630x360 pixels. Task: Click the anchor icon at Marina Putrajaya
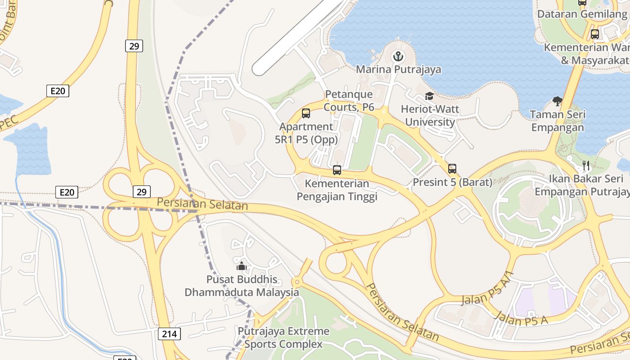tap(398, 57)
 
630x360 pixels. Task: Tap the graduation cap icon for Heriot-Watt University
tap(429, 96)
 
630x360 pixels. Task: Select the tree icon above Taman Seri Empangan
tap(557, 101)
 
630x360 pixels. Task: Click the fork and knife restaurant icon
tap(585, 166)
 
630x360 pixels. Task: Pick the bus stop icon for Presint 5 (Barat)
tap(452, 169)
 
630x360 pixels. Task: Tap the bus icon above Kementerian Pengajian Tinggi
tap(337, 170)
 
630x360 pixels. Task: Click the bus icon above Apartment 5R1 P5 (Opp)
tap(306, 113)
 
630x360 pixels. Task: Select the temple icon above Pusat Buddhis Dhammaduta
tap(242, 266)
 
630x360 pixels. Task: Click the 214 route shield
tap(170, 334)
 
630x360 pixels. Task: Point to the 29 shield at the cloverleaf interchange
tap(141, 192)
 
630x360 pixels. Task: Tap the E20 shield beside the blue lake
tap(67, 193)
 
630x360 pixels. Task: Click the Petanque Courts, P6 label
tap(349, 100)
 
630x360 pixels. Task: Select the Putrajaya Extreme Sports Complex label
tap(283, 338)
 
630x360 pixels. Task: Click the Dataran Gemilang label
tap(582, 14)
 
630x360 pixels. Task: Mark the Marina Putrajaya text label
tap(398, 70)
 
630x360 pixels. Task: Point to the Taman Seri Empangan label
tap(558, 121)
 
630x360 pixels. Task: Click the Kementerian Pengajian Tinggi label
tap(337, 190)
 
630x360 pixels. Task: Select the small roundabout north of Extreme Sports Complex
tap(297, 282)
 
